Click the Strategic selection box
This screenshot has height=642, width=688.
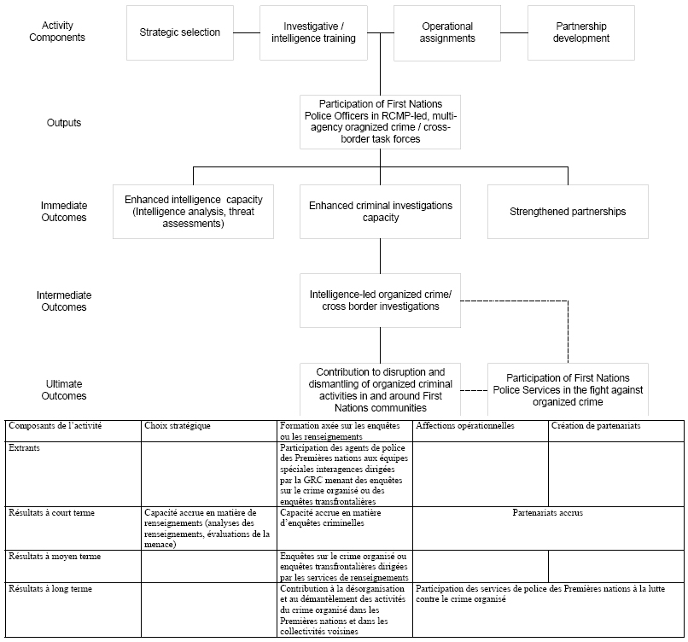180,33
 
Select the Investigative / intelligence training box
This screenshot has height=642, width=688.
313,33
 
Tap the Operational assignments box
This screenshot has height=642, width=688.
447,33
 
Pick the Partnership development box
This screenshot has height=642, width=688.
581,33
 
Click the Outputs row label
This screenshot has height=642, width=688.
64,123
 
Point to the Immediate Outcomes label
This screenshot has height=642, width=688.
64,212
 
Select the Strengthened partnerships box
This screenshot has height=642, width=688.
568,212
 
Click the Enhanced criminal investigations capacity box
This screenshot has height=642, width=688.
381,212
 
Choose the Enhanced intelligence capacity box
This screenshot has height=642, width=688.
193,212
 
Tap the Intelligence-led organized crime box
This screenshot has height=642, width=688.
381,301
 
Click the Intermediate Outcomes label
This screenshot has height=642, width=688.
64,301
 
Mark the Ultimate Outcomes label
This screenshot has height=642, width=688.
64,389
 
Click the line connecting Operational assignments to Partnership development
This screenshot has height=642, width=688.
514,32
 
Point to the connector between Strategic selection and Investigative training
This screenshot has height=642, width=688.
247,32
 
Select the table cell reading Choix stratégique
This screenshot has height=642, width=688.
209,431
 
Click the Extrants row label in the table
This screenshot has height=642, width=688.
73,474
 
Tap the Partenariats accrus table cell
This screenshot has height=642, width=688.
548,528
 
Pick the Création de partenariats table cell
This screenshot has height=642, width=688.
616,431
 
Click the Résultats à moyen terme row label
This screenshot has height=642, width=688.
73,567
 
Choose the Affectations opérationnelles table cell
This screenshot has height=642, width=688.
481,431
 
